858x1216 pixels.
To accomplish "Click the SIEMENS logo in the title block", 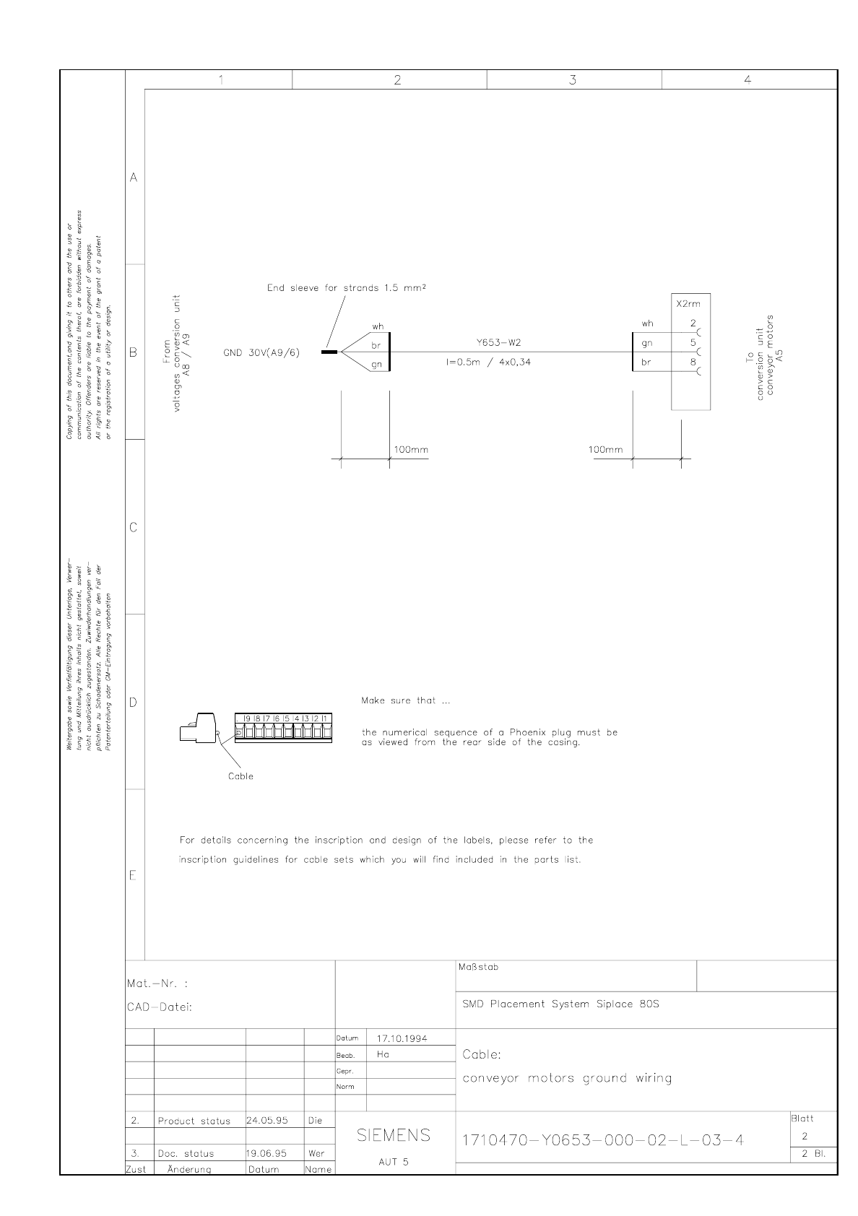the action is [x=394, y=1136].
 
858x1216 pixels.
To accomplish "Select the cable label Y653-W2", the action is [x=498, y=342].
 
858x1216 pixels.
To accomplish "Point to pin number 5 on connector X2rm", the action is [x=693, y=343].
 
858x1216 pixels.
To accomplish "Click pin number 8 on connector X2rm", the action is [x=693, y=362].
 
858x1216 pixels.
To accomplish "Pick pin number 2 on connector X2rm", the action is [x=693, y=323].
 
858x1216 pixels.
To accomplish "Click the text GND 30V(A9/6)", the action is [x=261, y=352].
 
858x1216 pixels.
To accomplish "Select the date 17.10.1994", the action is [x=402, y=1038].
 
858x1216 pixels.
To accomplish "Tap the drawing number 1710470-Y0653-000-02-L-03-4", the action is [x=602, y=1140].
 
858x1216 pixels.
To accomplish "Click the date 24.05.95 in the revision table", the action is [x=267, y=1121].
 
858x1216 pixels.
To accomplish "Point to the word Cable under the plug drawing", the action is [x=240, y=776].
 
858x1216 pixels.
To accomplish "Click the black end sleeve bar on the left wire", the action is [x=329, y=352].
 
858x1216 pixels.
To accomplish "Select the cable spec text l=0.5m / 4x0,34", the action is [x=488, y=362].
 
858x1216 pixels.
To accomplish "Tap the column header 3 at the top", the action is [x=573, y=80].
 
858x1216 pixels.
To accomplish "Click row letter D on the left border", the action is [x=133, y=703].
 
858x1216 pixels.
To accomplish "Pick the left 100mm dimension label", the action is [x=410, y=449].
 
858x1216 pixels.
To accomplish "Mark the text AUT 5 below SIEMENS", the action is [x=394, y=1162].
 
